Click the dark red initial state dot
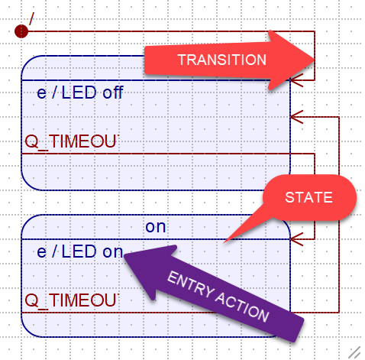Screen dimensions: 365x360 coord(21,31)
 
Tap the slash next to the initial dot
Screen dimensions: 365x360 coord(31,18)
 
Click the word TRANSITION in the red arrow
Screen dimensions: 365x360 coord(222,60)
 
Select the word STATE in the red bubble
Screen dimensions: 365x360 coord(308,197)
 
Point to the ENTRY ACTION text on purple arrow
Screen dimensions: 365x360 coord(218,297)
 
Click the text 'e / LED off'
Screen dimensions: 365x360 coord(80,92)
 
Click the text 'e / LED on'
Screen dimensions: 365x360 coord(80,251)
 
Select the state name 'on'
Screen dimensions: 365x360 coord(156,227)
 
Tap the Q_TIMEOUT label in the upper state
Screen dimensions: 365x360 coord(72,141)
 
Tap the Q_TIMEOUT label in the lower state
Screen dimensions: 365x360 coord(72,300)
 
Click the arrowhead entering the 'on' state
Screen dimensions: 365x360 coord(296,239)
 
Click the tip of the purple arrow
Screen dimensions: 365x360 coord(124,254)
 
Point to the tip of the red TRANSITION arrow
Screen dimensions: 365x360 coord(315,60)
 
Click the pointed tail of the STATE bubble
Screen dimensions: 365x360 coord(224,243)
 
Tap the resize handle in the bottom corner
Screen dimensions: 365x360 coord(354,352)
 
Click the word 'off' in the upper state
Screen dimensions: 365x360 coord(113,92)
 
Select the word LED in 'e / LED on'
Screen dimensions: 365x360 coord(79,251)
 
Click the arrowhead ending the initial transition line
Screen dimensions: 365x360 coord(296,80)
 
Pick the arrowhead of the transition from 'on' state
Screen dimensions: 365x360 coord(296,117)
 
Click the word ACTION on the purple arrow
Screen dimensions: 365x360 coord(242,307)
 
